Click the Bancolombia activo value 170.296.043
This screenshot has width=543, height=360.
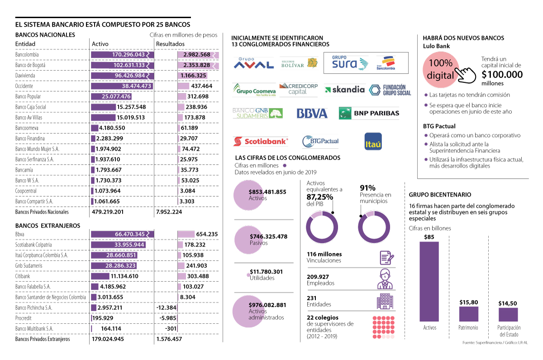129,55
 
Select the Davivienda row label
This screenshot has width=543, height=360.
26,76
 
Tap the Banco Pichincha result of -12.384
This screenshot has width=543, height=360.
166,308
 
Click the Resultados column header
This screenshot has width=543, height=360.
170,44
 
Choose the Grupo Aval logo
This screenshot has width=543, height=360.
253,64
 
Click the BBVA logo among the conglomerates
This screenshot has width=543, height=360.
312,113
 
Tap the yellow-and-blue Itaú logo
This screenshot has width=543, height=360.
373,142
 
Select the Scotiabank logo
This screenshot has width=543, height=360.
261,142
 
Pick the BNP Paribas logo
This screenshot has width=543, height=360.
369,113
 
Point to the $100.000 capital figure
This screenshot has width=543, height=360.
502,75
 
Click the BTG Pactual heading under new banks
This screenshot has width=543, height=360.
439,126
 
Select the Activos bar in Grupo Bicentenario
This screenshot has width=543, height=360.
429,281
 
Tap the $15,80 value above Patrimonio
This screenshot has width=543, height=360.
468,302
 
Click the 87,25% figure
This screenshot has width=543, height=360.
319,197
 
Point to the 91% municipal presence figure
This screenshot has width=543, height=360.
367,188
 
